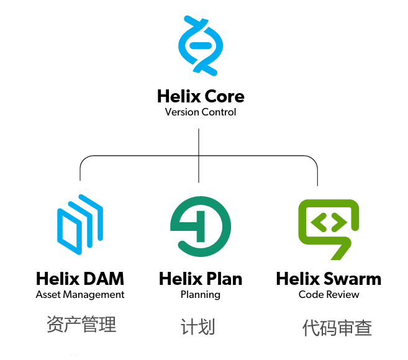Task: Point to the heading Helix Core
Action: (201, 97)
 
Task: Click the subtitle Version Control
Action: (201, 112)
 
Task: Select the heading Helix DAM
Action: (80, 279)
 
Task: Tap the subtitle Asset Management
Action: (80, 295)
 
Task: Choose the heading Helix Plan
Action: (201, 279)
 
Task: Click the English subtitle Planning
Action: (201, 295)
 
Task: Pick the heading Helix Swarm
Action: (329, 279)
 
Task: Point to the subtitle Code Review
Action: (329, 295)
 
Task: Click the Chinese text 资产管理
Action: (81, 324)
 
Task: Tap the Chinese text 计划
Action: (198, 326)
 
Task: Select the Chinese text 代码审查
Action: (337, 328)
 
